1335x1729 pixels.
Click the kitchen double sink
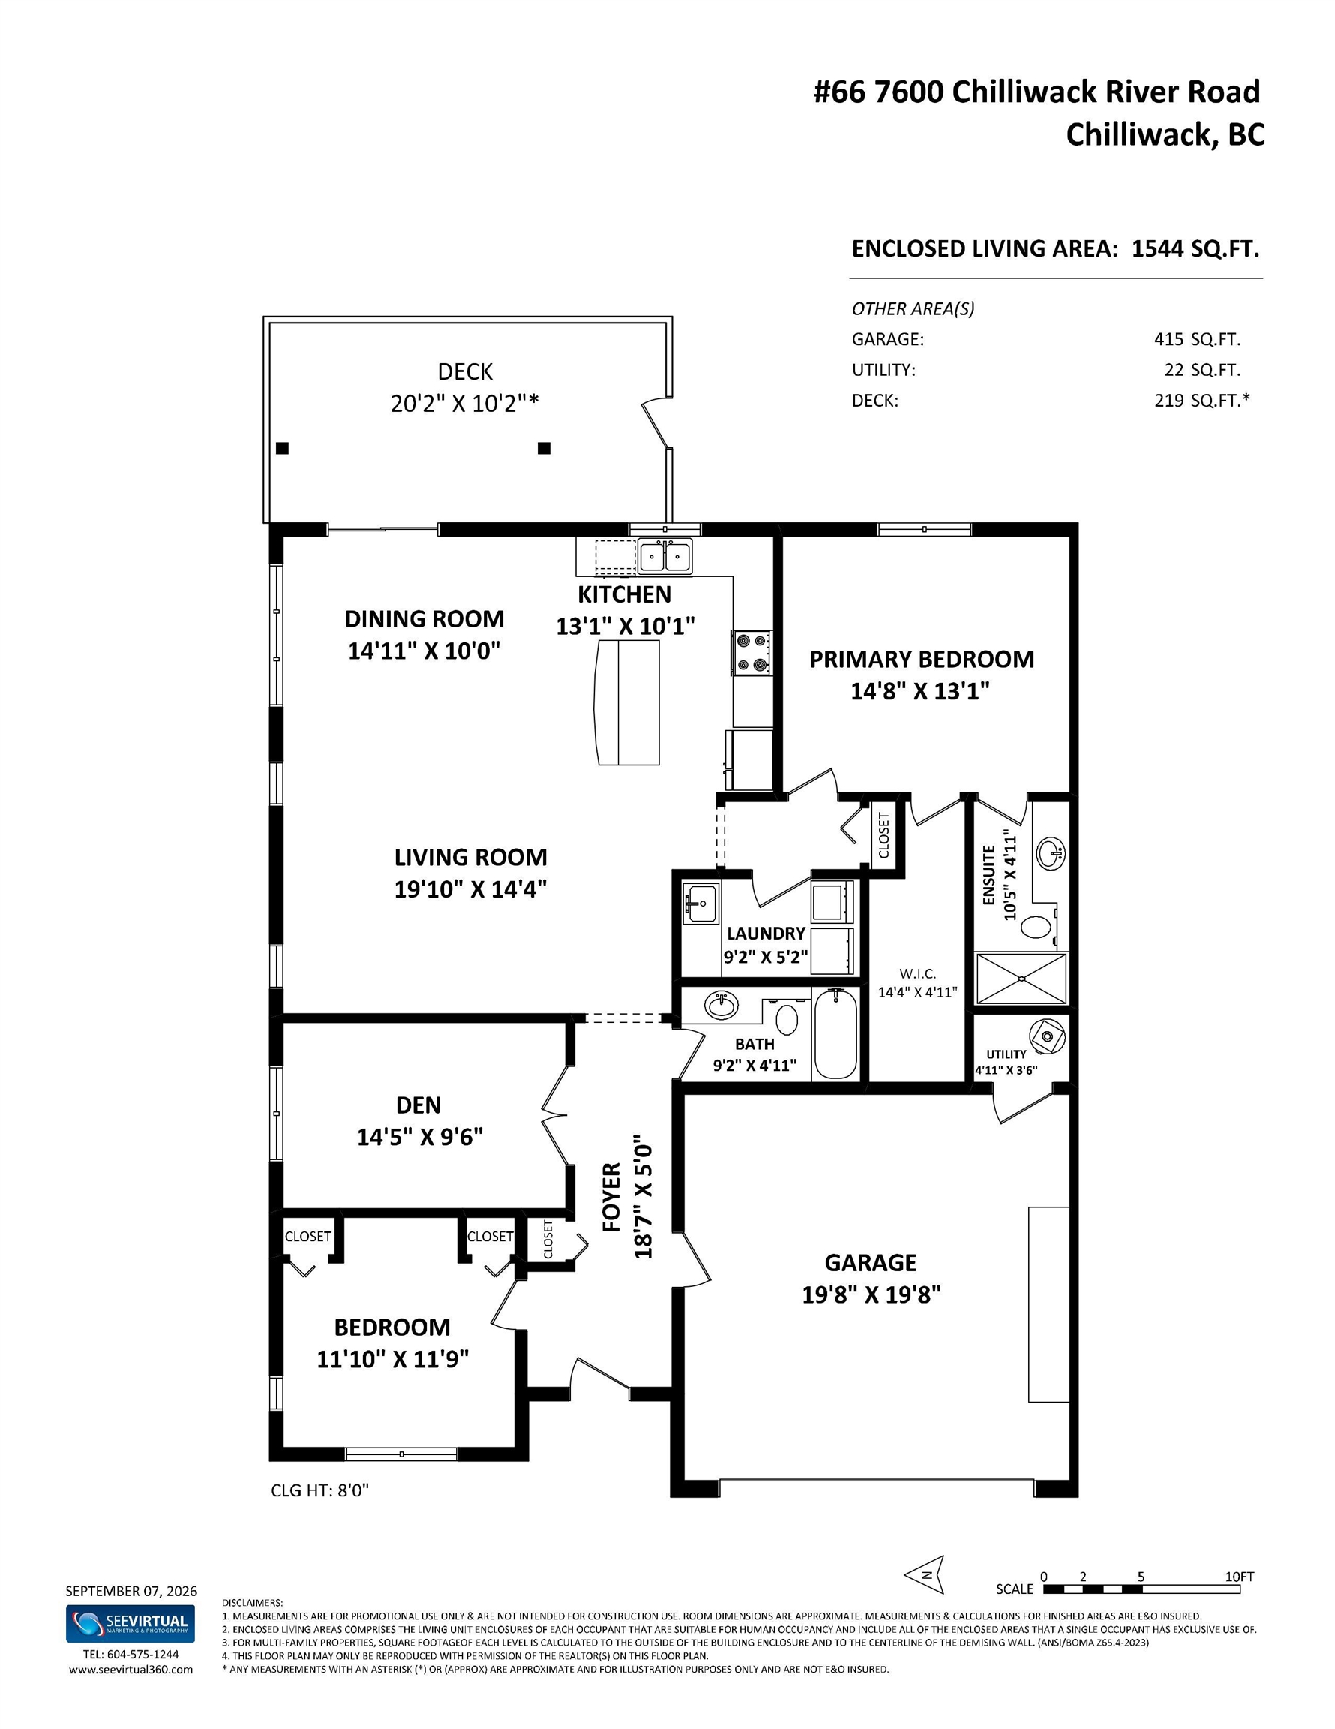point(664,556)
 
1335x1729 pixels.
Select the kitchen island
point(628,702)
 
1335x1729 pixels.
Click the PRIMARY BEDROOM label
point(921,660)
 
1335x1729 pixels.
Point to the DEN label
point(418,1105)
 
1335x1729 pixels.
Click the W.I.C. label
point(918,974)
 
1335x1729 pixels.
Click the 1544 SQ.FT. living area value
point(1195,248)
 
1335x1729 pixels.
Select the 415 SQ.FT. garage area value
point(1197,340)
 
